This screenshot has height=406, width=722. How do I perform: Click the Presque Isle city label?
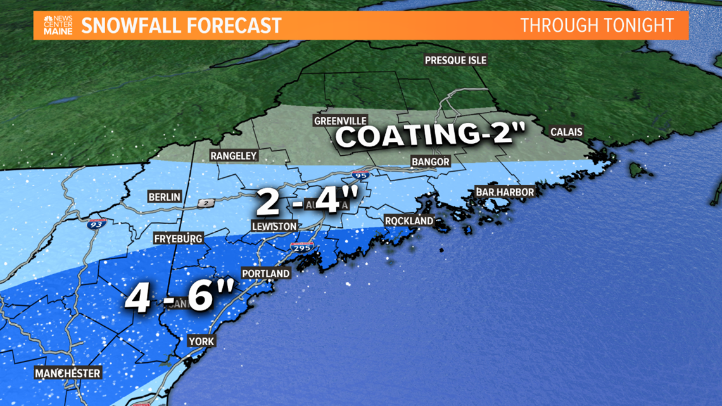455,60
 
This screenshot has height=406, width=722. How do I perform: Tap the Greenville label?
340,120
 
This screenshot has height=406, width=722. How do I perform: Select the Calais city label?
566,132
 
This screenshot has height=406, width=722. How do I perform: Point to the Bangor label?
430,162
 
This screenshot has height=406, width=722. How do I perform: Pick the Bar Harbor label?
505,191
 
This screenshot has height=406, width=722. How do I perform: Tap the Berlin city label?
164,197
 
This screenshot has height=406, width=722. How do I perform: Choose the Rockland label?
409,220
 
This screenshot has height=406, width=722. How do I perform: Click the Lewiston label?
274,226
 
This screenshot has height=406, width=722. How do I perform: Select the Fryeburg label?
178,239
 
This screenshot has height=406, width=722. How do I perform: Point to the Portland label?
265,274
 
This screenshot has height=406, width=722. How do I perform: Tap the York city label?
201,341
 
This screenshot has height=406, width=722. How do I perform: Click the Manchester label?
68,373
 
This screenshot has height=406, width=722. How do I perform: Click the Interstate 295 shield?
301,248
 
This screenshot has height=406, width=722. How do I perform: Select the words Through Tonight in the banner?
596,25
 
